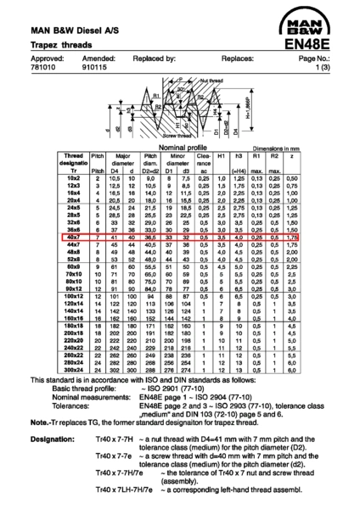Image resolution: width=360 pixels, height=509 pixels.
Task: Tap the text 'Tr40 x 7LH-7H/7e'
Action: (120, 490)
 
